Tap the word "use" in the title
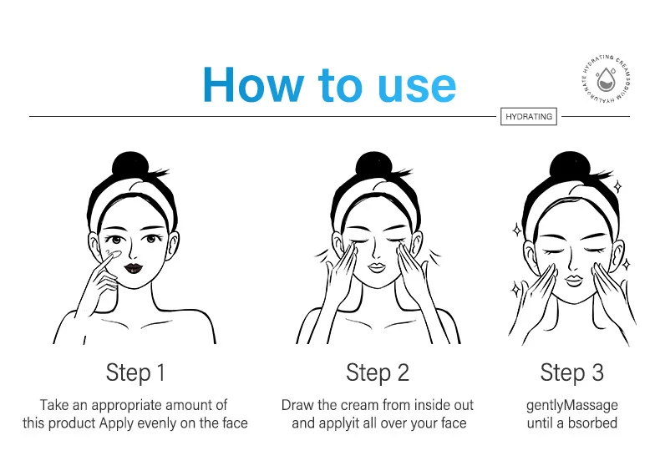tap(417, 88)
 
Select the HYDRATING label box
tap(529, 117)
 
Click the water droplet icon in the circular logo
tap(607, 79)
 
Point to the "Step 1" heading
tap(135, 372)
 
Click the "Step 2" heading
tap(378, 372)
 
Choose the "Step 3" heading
tap(572, 372)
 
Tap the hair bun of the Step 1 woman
tap(130, 167)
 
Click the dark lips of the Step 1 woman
tap(134, 268)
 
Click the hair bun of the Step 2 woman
tap(373, 167)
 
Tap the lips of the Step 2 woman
tap(377, 268)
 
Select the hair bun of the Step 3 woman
tap(569, 167)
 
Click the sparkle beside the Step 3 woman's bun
tap(617, 186)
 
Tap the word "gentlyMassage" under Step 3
tap(572, 406)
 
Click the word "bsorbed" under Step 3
tap(592, 423)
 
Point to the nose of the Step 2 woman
tap(376, 252)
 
